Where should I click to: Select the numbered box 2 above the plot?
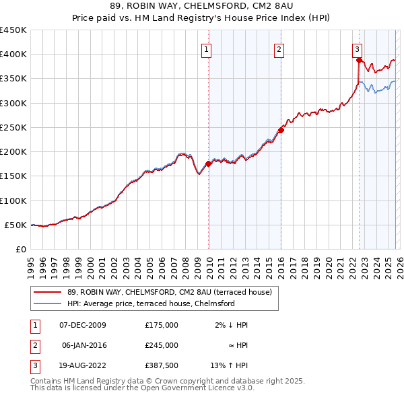278,48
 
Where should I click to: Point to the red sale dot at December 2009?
208,164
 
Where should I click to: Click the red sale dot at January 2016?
281,130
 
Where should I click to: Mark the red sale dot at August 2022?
359,60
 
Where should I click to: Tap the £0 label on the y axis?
20,250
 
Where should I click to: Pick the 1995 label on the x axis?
31,266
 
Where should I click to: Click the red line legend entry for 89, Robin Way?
169,292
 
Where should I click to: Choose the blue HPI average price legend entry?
150,303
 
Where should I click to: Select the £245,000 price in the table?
161,345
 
